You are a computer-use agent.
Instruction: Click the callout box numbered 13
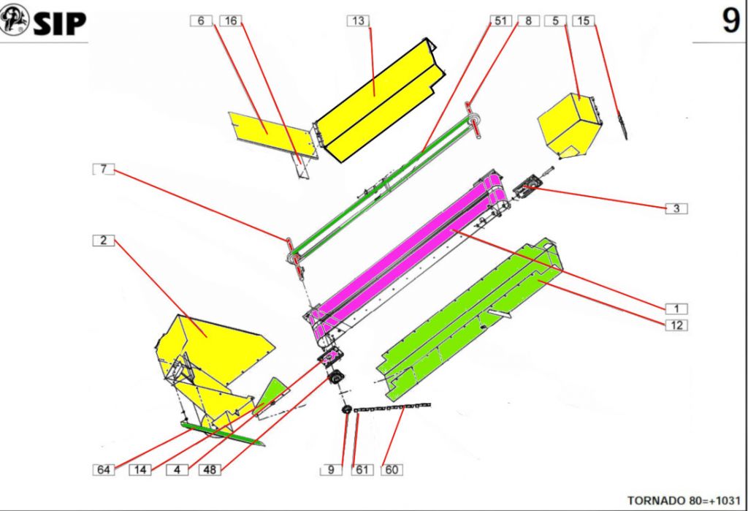[x=358, y=21]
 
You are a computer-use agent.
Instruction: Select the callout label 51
[x=500, y=21]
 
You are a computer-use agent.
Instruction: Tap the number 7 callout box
[x=104, y=169]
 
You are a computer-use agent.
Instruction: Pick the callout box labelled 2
[x=104, y=241]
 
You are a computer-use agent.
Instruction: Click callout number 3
[x=676, y=208]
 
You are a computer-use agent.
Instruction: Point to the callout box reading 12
[x=676, y=325]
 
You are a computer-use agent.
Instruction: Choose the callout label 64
[x=104, y=469]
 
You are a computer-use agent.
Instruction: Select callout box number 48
[x=210, y=469]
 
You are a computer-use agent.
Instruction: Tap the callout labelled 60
[x=392, y=469]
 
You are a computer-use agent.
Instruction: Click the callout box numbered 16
[x=230, y=21]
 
